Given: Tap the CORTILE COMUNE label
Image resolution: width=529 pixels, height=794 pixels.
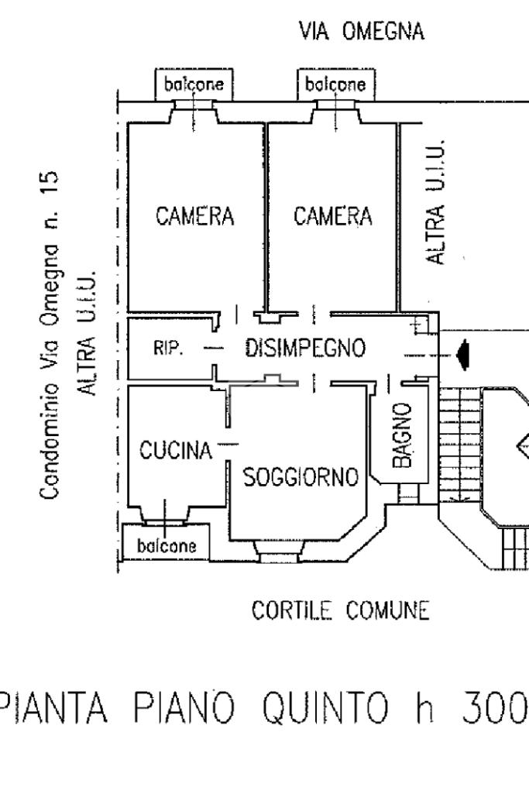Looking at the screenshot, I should (341, 611).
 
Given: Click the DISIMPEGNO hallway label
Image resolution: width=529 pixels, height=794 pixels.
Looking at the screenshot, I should (304, 349).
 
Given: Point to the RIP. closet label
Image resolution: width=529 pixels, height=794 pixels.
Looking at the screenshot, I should (167, 349).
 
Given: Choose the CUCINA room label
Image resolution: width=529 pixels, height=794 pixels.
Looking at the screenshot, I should (176, 450).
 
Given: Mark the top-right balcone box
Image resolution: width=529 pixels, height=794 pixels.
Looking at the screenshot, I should (334, 84).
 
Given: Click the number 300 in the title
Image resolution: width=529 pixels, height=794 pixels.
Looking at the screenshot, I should (493, 706).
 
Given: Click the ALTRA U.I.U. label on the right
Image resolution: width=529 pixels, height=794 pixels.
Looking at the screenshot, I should (438, 202).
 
